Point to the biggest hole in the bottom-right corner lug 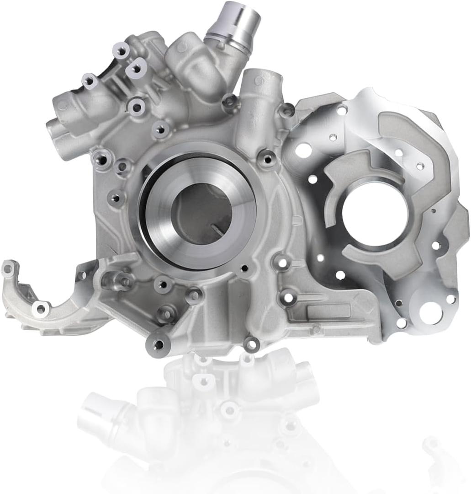point(430,313)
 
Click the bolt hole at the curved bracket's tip point(8,270)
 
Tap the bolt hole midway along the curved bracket point(41,309)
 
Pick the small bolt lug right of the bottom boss point(252,344)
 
